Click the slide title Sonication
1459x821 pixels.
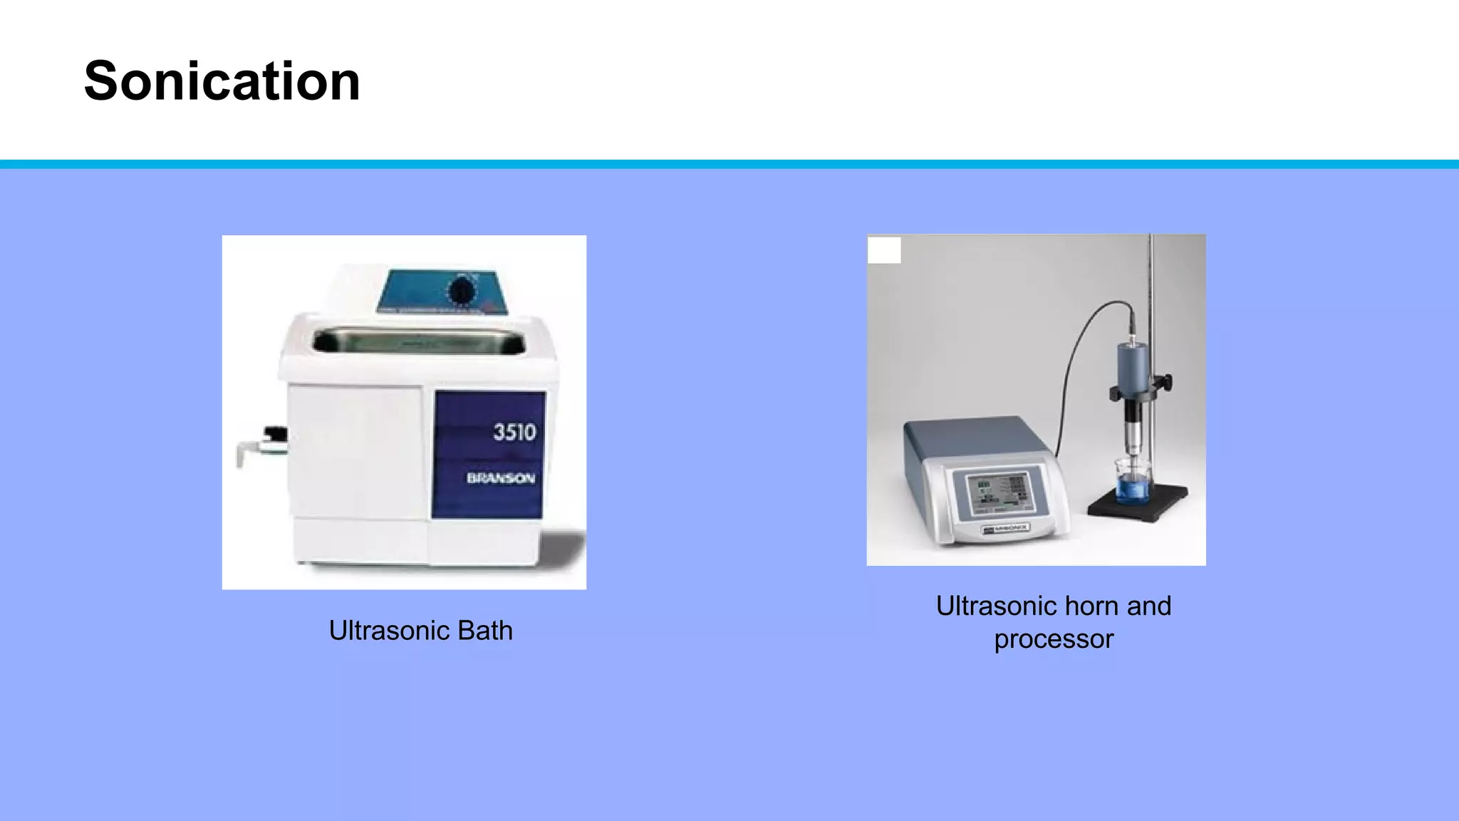point(222,81)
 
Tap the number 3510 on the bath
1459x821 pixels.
point(514,432)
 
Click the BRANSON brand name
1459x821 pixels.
point(501,478)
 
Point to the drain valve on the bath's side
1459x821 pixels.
point(264,444)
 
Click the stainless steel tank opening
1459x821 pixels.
point(418,341)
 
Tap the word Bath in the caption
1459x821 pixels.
point(484,631)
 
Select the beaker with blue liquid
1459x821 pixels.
point(1133,482)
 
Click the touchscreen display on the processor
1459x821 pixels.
point(999,493)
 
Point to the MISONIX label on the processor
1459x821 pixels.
point(1005,529)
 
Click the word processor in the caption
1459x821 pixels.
point(1054,639)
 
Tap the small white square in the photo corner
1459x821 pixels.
point(884,250)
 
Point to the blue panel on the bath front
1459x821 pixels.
point(489,454)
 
